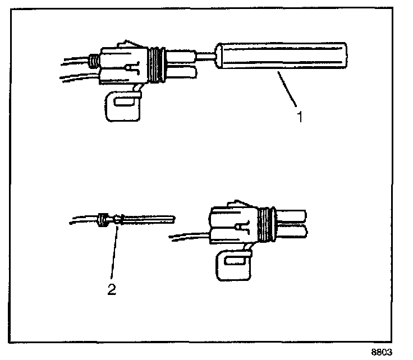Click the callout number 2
pyautogui.click(x=112, y=290)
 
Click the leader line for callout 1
pyautogui.click(x=287, y=89)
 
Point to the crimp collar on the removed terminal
pyautogui.click(x=103, y=219)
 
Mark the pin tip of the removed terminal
pyautogui.click(x=163, y=218)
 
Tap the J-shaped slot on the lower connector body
pyautogui.click(x=242, y=228)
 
